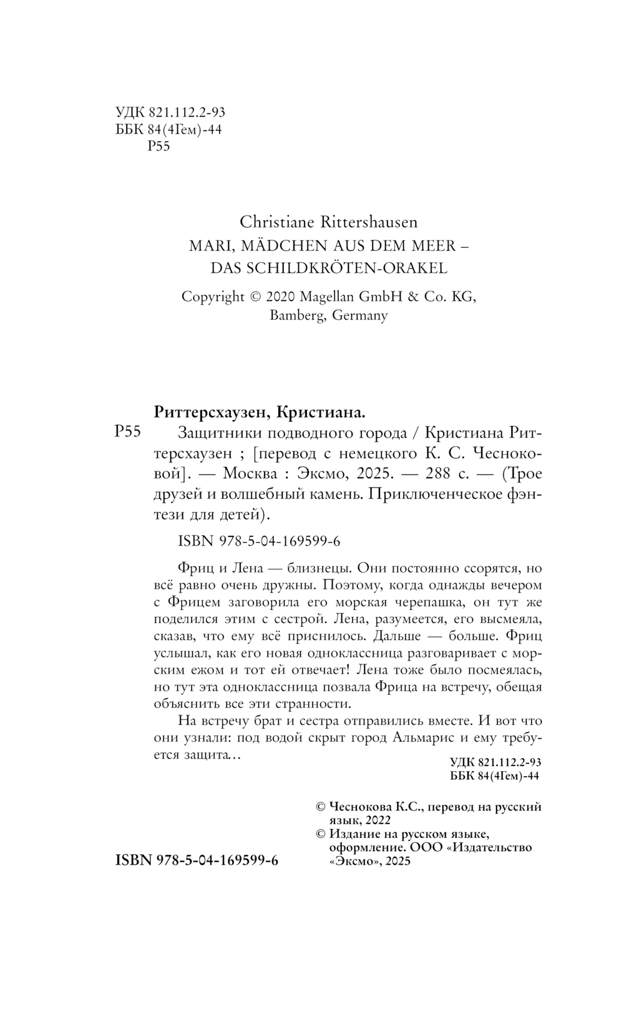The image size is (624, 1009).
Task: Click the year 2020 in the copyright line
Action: pyautogui.click(x=285, y=297)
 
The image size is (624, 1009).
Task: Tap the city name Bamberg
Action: pyautogui.click(x=297, y=315)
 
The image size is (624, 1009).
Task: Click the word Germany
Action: pyautogui.click(x=360, y=315)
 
